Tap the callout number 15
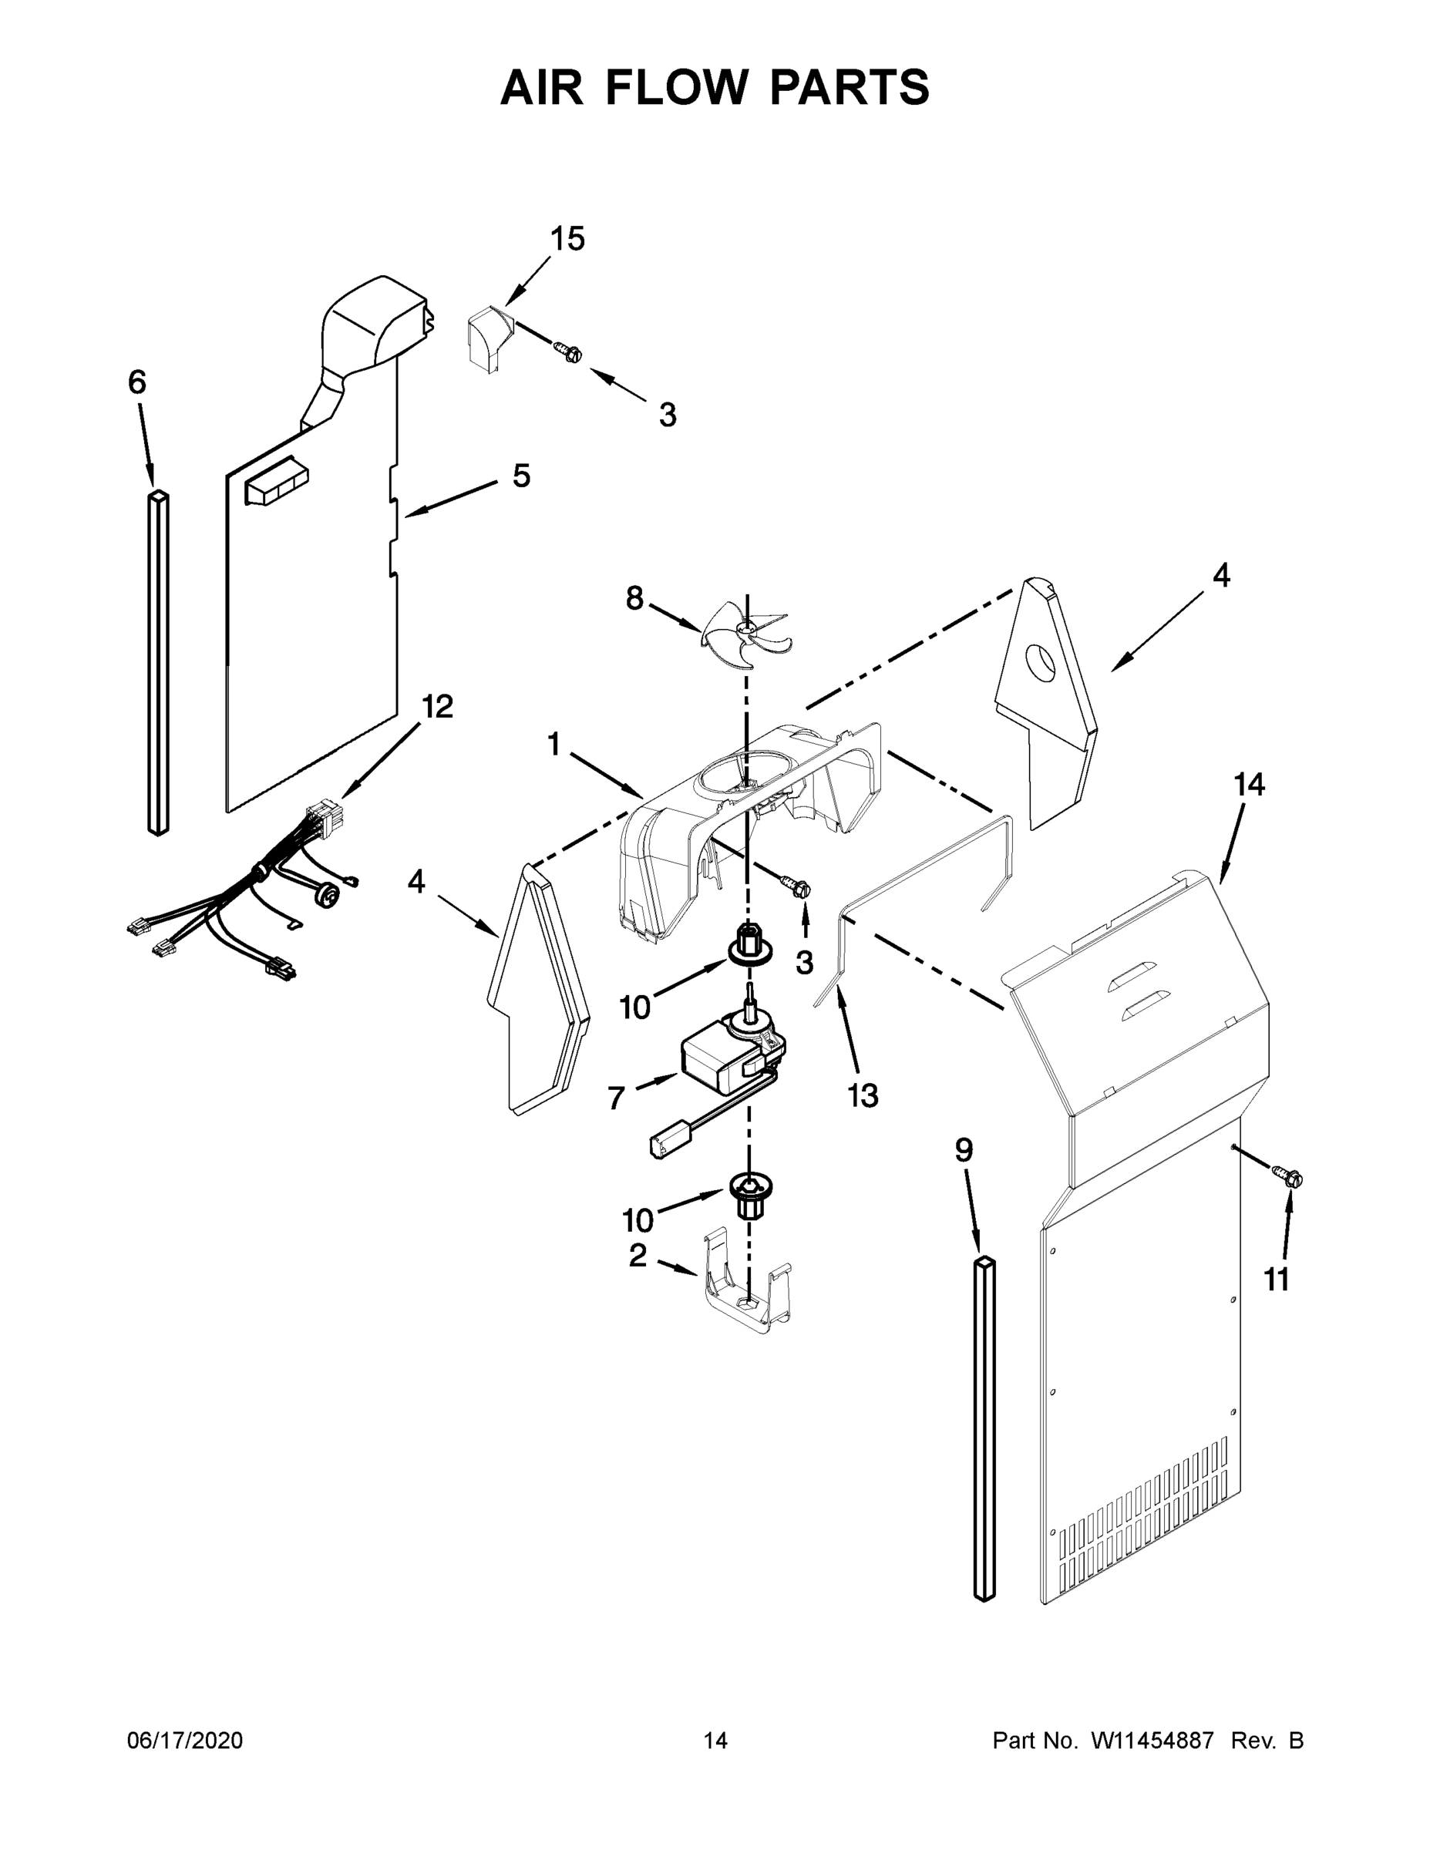pyautogui.click(x=567, y=240)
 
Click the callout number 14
pyautogui.click(x=1249, y=785)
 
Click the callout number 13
pyautogui.click(x=863, y=1096)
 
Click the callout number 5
pyautogui.click(x=521, y=476)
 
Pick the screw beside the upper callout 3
pyautogui.click(x=567, y=351)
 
